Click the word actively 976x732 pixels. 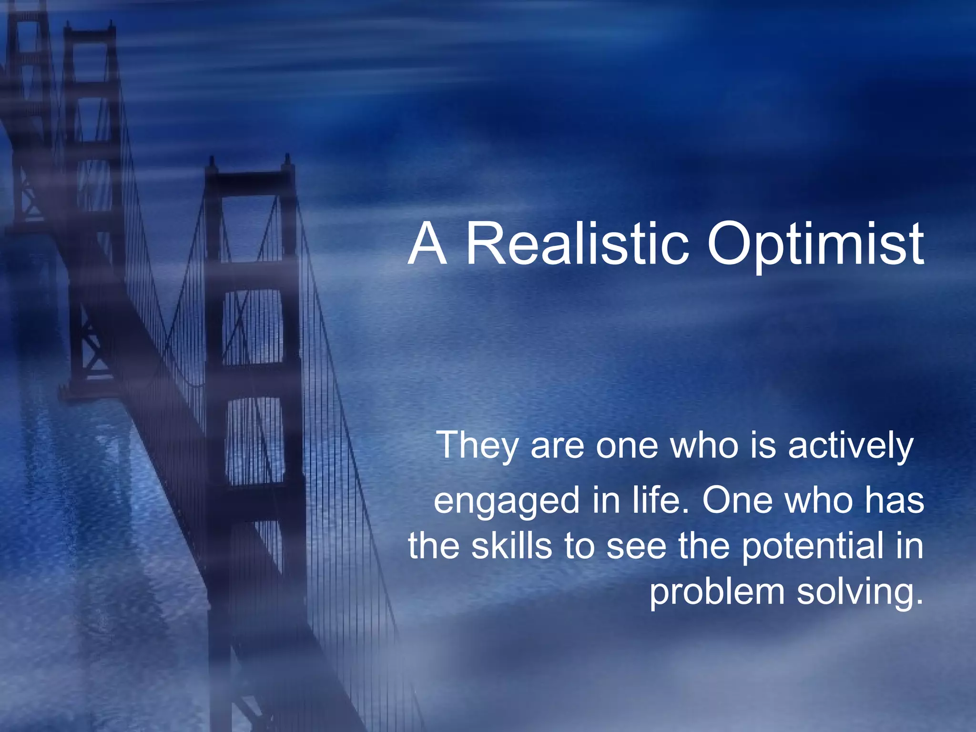tap(850, 446)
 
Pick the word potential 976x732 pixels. tap(813, 547)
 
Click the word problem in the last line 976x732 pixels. tap(717, 592)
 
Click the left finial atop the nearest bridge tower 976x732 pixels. tap(212, 164)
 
